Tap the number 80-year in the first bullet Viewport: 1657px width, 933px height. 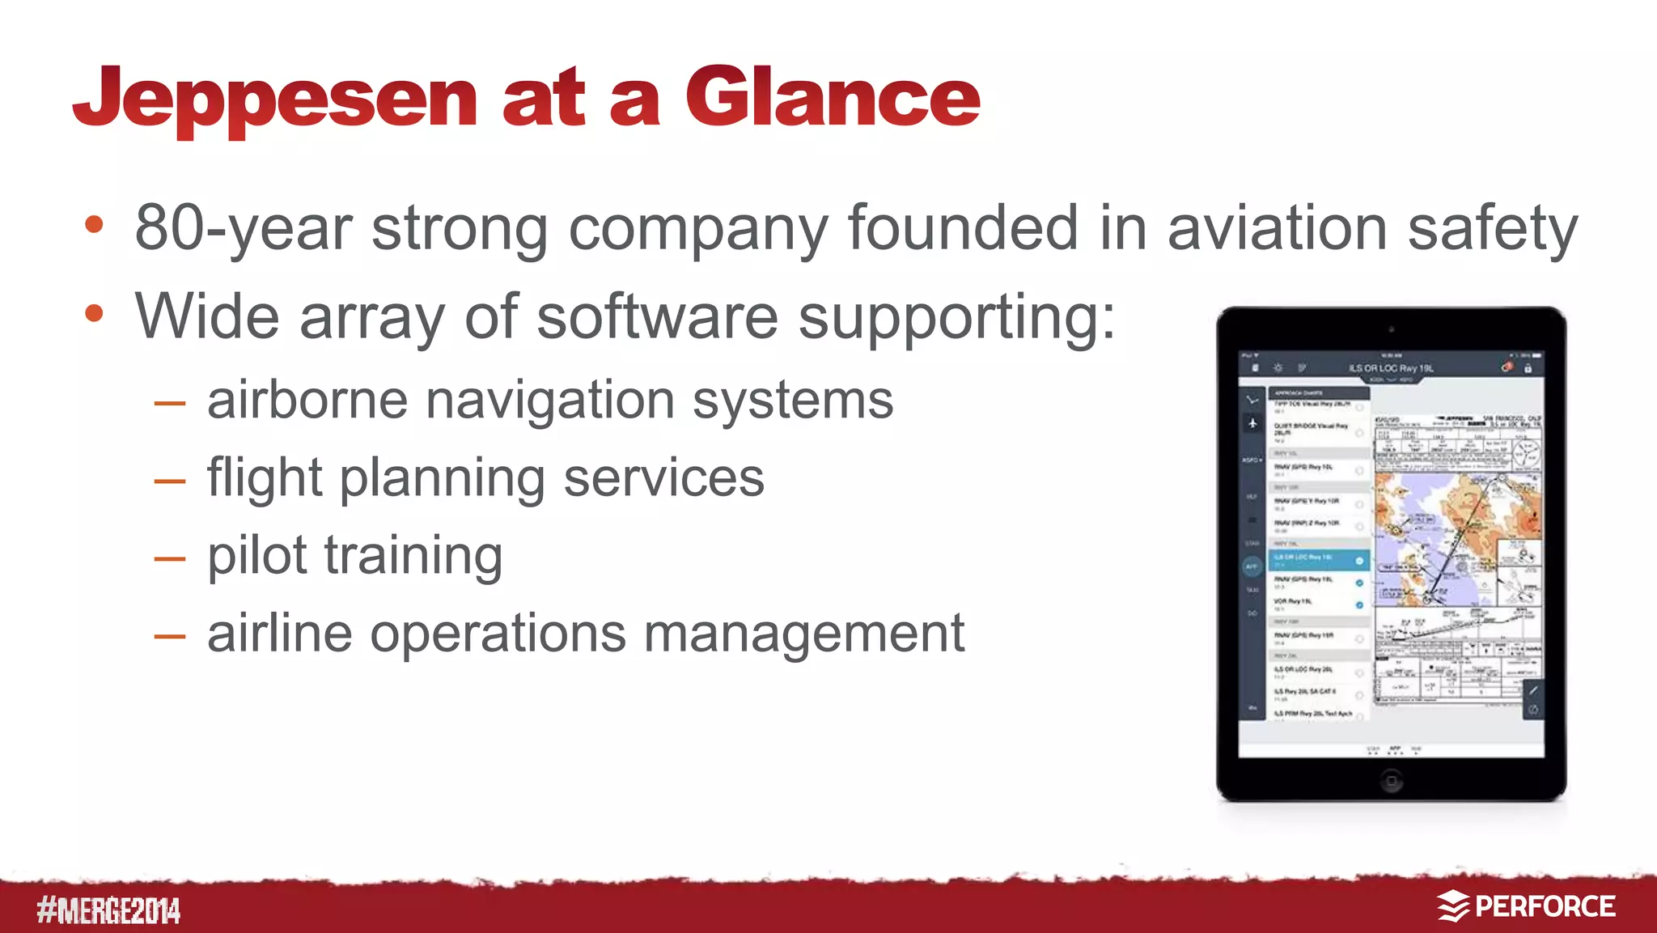243,229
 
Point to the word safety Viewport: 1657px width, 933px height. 1492,229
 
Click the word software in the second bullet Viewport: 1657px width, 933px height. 657,316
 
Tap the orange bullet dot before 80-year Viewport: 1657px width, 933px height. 95,225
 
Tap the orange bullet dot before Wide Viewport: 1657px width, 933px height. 95,314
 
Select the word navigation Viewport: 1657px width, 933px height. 549,401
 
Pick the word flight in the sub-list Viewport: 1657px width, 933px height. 265,478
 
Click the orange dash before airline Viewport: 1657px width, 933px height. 170,636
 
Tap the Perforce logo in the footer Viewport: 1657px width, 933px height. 1526,906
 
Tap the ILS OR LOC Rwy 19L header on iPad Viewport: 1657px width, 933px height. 1390,368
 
